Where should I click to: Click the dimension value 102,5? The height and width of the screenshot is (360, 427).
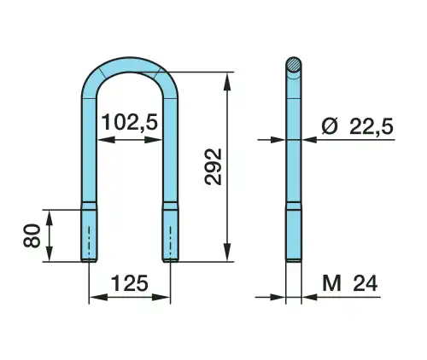tap(130, 122)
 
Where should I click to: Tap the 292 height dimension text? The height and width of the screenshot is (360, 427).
tap(213, 166)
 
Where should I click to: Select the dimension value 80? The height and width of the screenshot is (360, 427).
tap(32, 235)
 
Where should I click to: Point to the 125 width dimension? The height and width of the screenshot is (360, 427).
tap(130, 283)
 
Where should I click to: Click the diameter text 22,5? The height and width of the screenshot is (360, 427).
tap(371, 126)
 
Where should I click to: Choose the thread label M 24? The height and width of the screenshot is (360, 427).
tap(350, 283)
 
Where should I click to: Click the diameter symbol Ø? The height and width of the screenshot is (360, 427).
tap(330, 126)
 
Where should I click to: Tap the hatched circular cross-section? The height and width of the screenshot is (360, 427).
tap(293, 65)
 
